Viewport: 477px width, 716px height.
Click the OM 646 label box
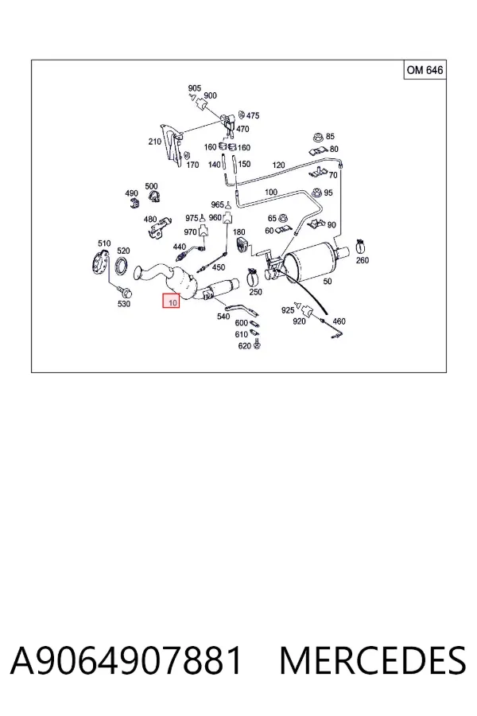tap(425, 70)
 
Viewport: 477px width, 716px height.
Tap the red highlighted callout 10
tap(172, 301)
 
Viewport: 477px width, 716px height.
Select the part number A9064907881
tap(126, 661)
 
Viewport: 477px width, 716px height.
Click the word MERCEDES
tap(373, 661)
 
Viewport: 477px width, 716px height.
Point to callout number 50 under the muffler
tap(328, 282)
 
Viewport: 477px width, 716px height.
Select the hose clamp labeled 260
tap(361, 247)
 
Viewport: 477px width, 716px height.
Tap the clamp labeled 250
tap(254, 275)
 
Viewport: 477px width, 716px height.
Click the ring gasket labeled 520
tap(122, 267)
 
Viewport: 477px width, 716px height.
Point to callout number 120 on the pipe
tap(278, 165)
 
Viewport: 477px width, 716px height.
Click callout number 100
tap(270, 193)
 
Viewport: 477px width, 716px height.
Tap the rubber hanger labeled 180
tap(241, 245)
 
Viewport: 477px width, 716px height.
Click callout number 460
tap(339, 321)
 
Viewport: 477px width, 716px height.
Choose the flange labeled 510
tap(99, 263)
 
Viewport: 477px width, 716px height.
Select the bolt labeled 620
tap(257, 344)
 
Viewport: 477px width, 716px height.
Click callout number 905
tap(195, 88)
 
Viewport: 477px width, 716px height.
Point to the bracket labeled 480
tap(159, 228)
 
